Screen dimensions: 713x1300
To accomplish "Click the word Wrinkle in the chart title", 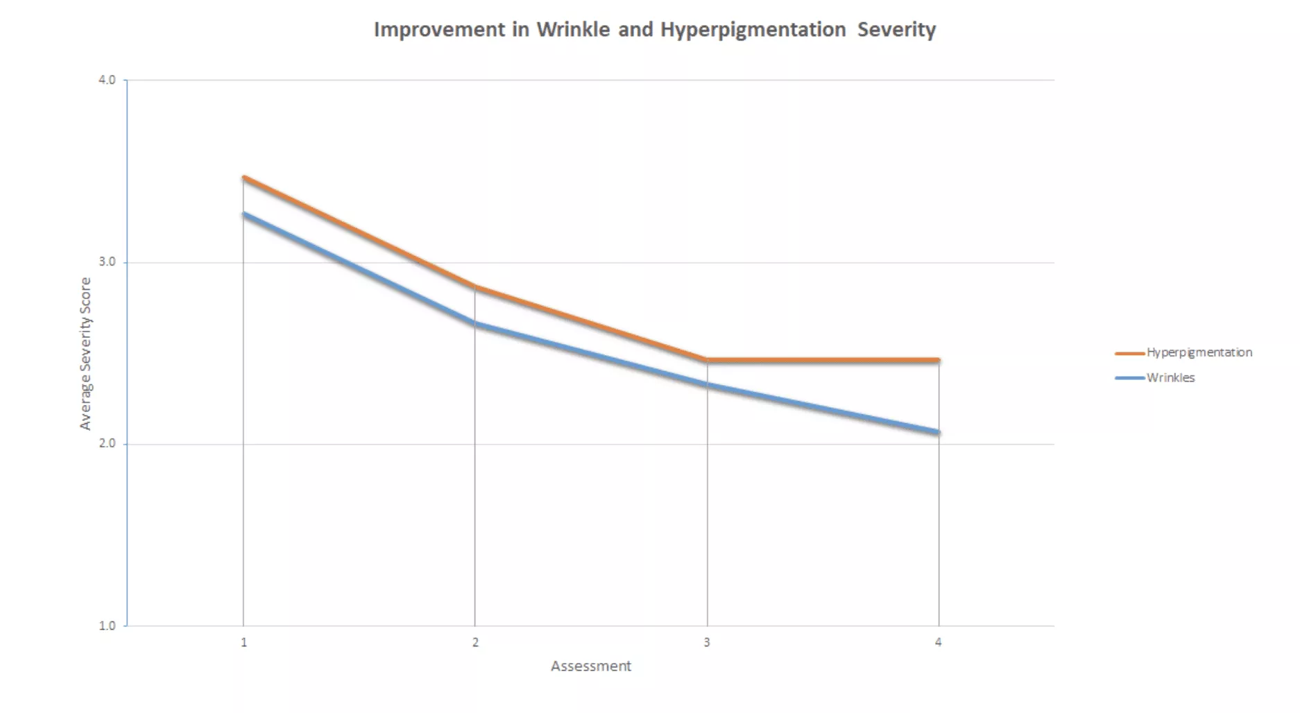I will click(573, 30).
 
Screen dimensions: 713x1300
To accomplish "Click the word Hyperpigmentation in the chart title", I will click(753, 30).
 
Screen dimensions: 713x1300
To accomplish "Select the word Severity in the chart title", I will click(896, 30).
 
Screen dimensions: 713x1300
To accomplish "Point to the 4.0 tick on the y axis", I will click(107, 80).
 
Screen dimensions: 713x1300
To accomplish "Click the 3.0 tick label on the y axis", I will click(107, 262).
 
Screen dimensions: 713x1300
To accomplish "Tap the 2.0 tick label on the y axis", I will click(107, 444).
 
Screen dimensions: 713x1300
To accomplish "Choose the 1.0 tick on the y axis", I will click(107, 626).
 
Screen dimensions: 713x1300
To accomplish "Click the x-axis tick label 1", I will click(243, 642).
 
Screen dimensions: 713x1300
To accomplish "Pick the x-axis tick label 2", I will click(475, 642).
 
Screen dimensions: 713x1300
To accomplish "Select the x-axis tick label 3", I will click(707, 642).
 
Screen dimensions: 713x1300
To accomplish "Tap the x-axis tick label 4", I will click(939, 642).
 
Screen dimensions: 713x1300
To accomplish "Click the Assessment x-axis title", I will click(591, 667).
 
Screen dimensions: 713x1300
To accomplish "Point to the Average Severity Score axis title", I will click(85, 354).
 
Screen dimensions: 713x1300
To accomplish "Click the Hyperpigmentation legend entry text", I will click(1199, 352).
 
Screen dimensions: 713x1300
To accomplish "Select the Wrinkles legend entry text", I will click(1170, 378).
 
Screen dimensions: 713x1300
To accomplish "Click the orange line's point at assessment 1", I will click(243, 178).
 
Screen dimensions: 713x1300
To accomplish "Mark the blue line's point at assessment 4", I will click(939, 432).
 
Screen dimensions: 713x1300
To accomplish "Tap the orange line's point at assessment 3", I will click(707, 360).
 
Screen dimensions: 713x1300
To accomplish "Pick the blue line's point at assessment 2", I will click(475, 323).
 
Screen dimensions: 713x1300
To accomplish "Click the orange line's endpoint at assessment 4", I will click(939, 360).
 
